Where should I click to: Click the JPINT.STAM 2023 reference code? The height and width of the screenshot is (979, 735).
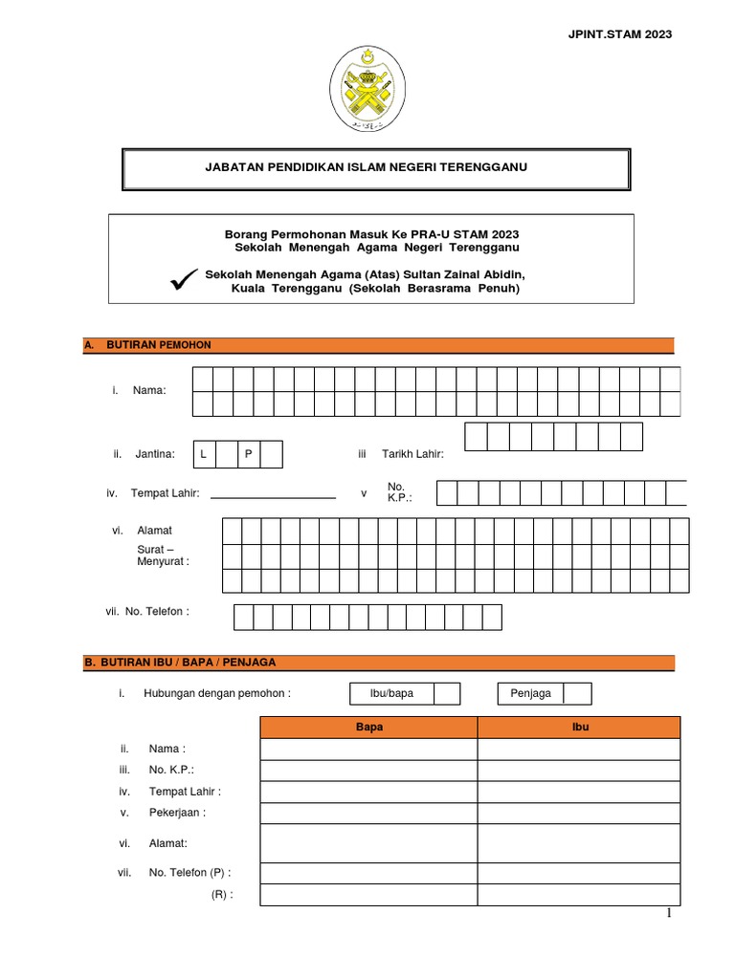click(621, 34)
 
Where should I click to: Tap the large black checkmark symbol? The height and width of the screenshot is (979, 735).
click(182, 279)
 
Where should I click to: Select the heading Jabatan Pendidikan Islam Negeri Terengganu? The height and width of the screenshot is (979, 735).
click(367, 167)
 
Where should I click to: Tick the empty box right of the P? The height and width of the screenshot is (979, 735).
click(271, 454)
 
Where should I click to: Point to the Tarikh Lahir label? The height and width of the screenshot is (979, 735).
click(412, 454)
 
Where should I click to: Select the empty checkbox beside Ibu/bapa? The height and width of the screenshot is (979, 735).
click(447, 693)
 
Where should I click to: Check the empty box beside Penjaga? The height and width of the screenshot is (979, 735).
click(577, 693)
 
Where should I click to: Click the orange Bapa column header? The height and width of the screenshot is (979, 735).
click(368, 728)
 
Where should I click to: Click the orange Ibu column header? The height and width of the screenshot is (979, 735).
click(579, 728)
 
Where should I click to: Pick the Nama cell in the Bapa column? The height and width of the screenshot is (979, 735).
click(368, 750)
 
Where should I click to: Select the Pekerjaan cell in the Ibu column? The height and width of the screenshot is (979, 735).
click(579, 814)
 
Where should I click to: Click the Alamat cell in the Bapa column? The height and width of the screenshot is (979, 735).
click(368, 843)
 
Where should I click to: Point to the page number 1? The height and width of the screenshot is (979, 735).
click(670, 915)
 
